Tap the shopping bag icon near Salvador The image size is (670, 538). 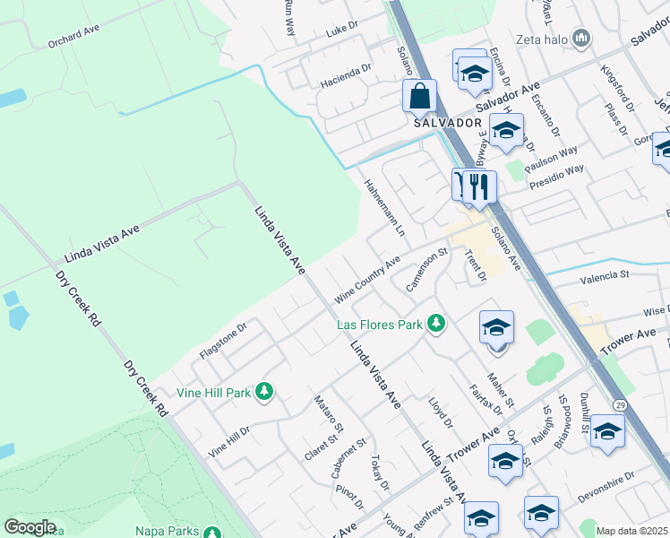click(x=419, y=95)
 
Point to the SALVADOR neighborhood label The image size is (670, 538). click(x=442, y=123)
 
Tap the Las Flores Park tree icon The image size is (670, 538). click(x=436, y=323)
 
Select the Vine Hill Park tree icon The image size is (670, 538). click(x=263, y=391)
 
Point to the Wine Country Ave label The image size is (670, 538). click(x=367, y=282)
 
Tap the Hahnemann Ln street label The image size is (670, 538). click(x=384, y=207)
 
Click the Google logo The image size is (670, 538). click(x=30, y=527)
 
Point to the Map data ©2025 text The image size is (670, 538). click(x=631, y=531)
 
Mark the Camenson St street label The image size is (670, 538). click(x=425, y=270)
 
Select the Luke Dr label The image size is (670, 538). click(x=341, y=30)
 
